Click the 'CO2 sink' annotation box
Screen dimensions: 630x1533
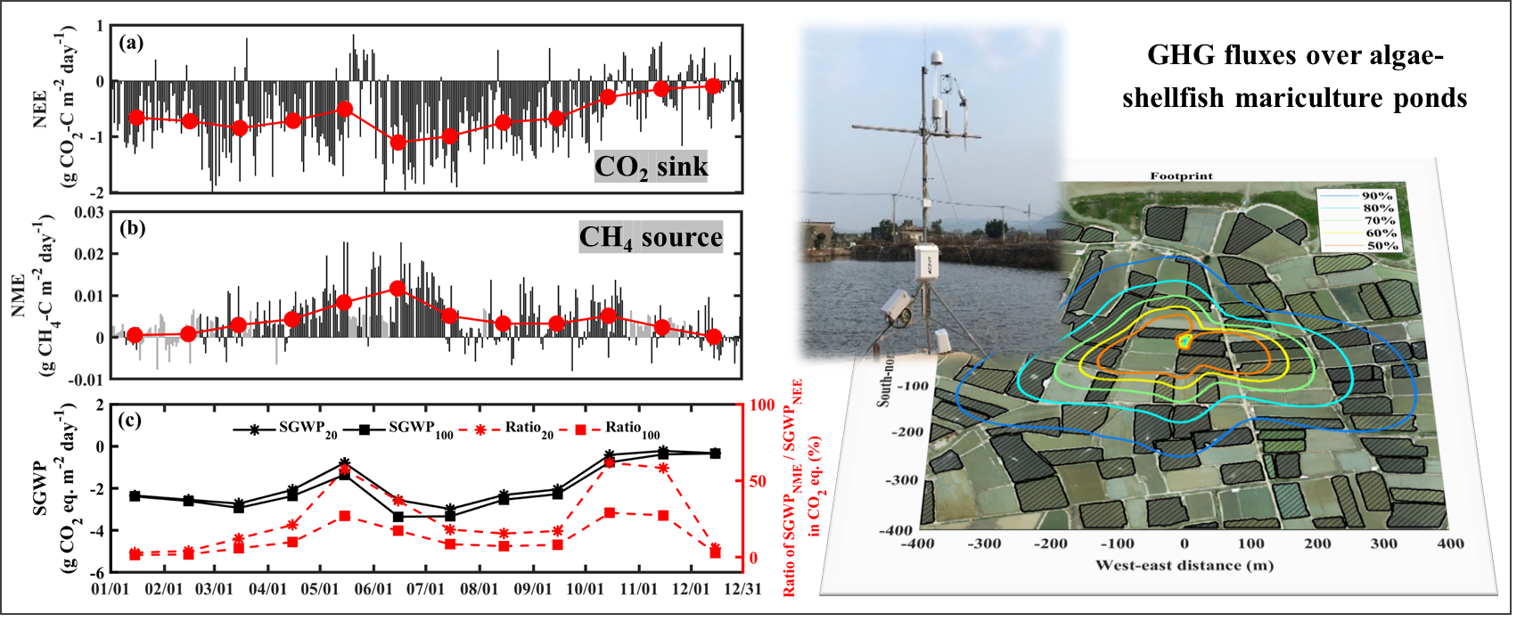click(x=651, y=167)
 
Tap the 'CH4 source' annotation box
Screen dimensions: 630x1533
click(x=651, y=237)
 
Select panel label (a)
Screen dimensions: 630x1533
click(x=131, y=42)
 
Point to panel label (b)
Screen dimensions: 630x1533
click(x=133, y=227)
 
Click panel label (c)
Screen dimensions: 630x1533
click(x=130, y=420)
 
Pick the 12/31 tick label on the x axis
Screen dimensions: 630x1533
click(x=742, y=589)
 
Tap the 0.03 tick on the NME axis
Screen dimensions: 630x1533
click(x=89, y=212)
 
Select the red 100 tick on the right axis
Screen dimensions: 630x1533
click(x=762, y=405)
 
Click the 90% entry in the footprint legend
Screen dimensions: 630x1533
click(x=1377, y=196)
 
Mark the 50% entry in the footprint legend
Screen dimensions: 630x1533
click(x=1382, y=245)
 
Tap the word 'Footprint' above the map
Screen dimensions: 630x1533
click(x=1181, y=176)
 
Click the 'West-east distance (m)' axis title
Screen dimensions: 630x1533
click(x=1184, y=565)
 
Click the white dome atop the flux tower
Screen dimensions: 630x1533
click(x=937, y=57)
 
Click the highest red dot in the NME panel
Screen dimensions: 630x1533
click(x=398, y=289)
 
